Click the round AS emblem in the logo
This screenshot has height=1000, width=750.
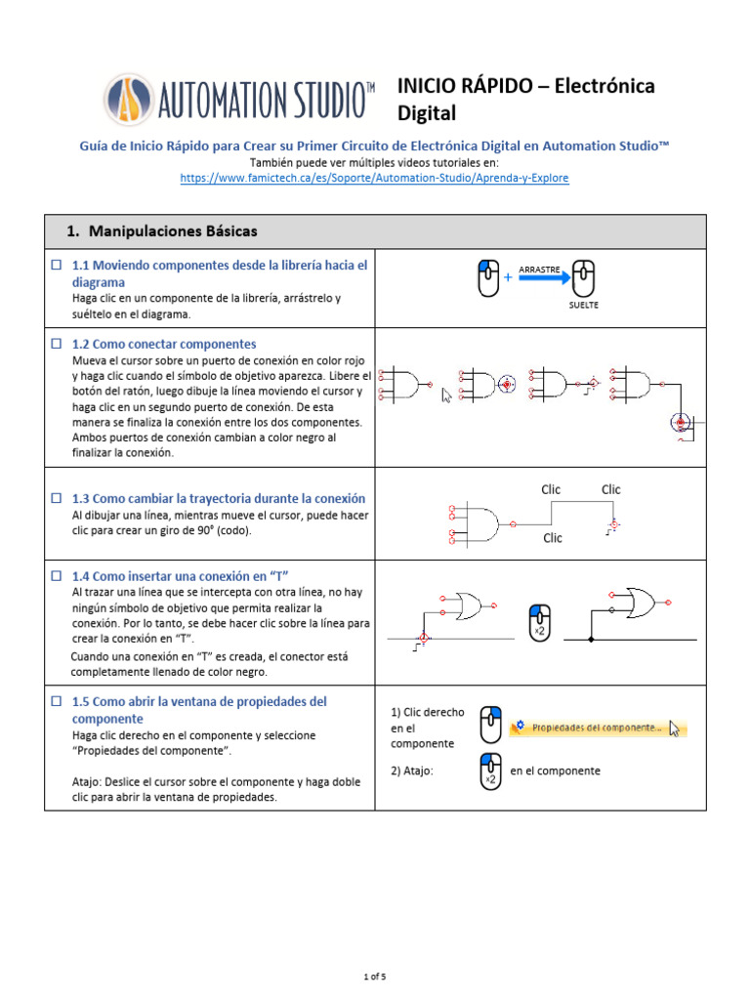pyautogui.click(x=129, y=101)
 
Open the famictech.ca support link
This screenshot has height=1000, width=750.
pyautogui.click(x=375, y=179)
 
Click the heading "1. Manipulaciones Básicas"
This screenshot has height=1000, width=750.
pyautogui.click(x=161, y=231)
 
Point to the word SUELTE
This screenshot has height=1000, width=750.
pyautogui.click(x=583, y=305)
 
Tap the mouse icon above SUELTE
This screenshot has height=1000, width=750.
pyautogui.click(x=583, y=278)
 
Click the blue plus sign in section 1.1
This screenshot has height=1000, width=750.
pyautogui.click(x=508, y=278)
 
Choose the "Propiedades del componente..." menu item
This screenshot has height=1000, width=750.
pyautogui.click(x=598, y=728)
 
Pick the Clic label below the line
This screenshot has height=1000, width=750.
pyautogui.click(x=553, y=538)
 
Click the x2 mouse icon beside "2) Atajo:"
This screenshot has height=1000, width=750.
pyautogui.click(x=491, y=771)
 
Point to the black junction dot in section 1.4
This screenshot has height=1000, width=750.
pyautogui.click(x=592, y=640)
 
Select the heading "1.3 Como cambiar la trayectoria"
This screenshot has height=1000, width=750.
pyautogui.click(x=218, y=498)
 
